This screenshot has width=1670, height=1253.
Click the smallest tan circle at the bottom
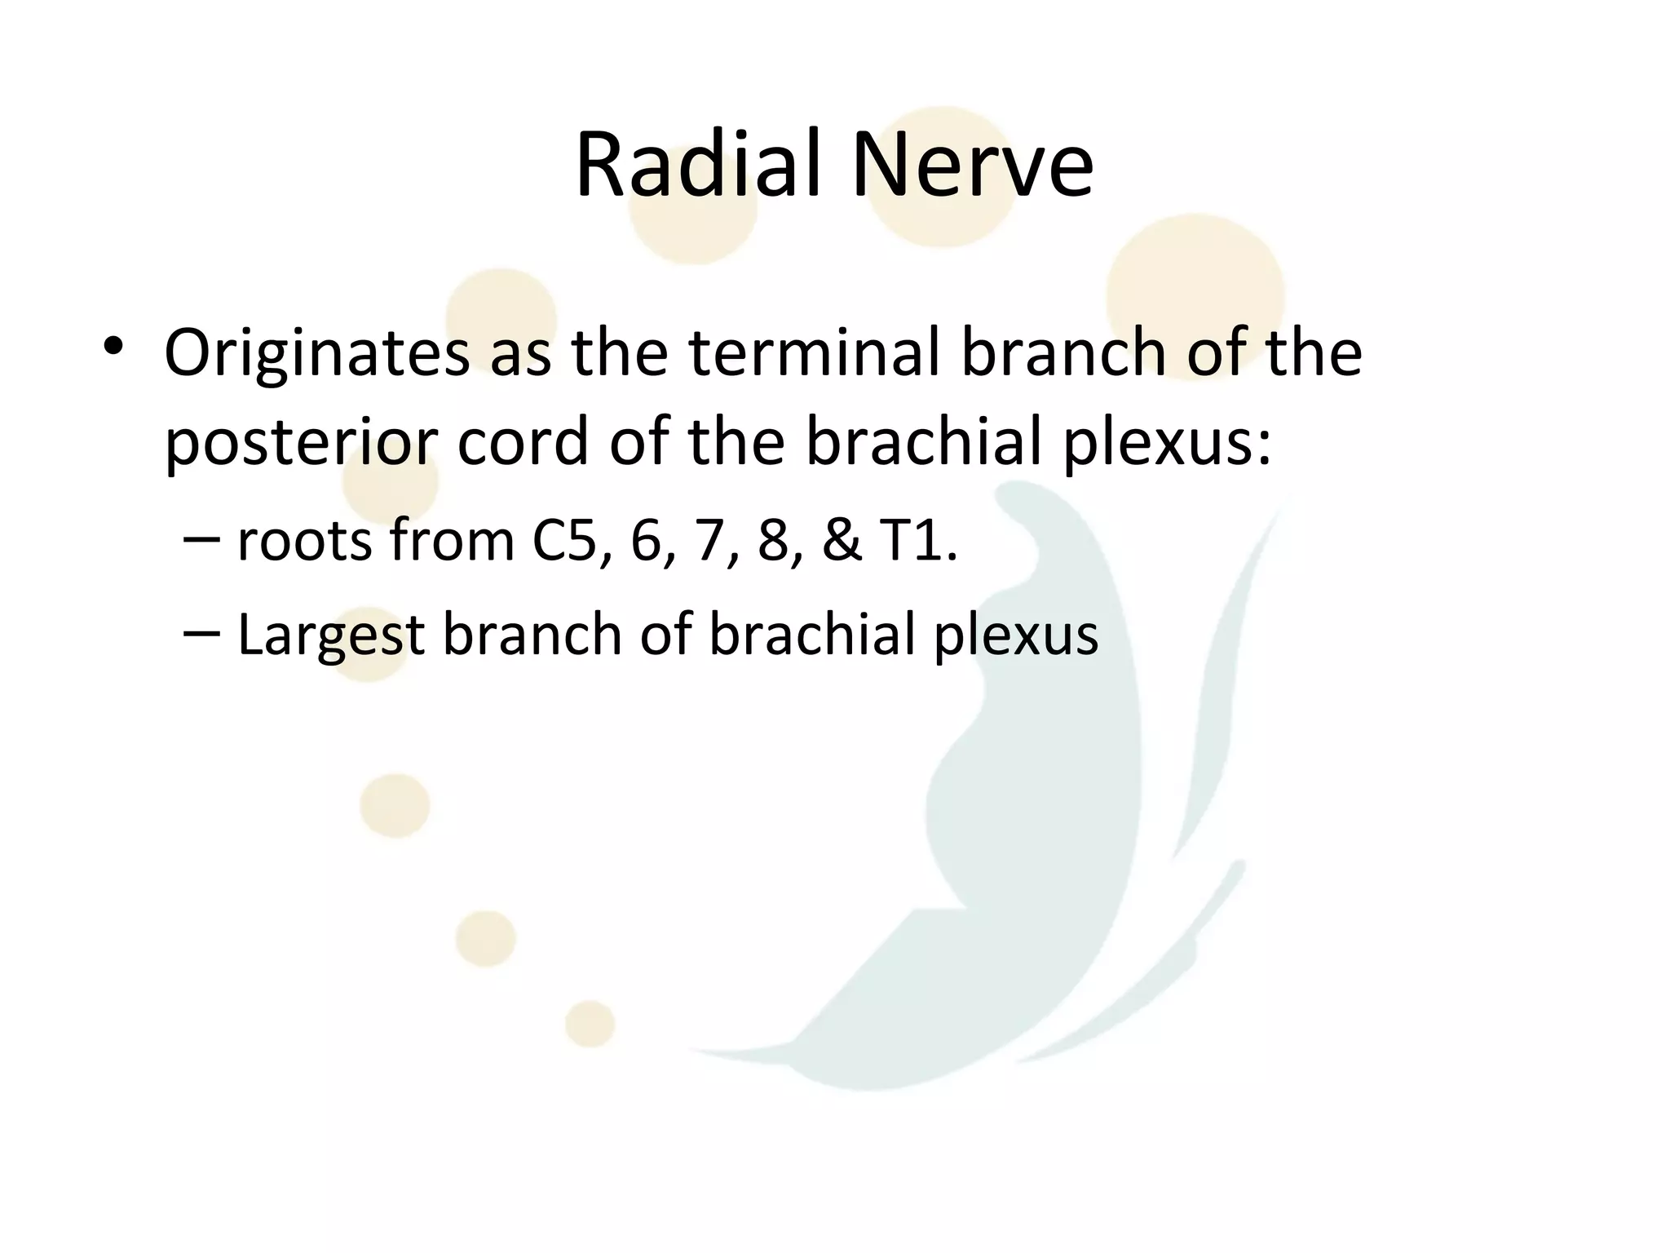590,1023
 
